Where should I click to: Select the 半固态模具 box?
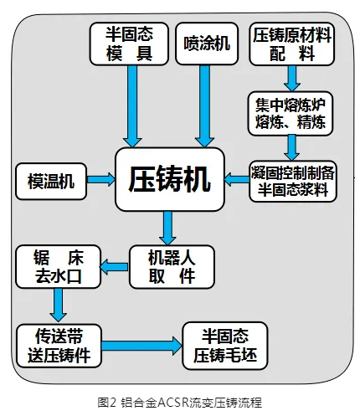[x=128, y=44]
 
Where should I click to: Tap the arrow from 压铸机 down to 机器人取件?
[x=168, y=226]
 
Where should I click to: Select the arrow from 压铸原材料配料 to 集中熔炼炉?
[x=292, y=79]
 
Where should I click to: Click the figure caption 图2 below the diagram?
[x=179, y=402]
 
